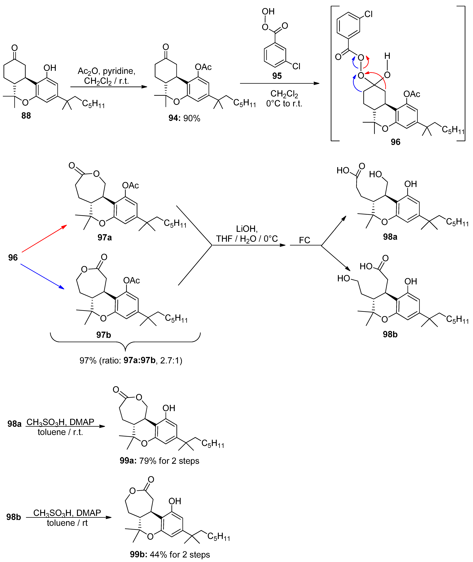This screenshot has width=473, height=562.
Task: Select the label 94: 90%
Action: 184,118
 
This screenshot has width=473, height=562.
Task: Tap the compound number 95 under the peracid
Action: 277,76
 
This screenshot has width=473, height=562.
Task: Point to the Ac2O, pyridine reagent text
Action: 106,71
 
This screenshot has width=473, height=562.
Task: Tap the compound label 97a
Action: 105,237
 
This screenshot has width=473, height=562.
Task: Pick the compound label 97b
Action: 104,335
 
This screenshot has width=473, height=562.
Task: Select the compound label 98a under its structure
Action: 390,237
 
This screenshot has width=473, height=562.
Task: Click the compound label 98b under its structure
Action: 390,334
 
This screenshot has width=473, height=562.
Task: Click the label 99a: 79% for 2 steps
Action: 159,461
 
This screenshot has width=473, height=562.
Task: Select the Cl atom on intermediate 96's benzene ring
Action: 368,14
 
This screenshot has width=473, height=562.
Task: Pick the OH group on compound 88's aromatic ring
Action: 50,68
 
